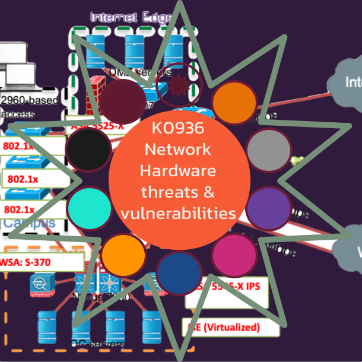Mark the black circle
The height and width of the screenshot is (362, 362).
click(x=89, y=148)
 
